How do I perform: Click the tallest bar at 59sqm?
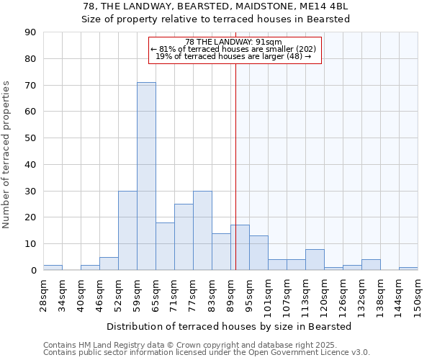(x=146, y=176)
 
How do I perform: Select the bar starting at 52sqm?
(x=127, y=230)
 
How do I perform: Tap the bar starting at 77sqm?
(x=202, y=230)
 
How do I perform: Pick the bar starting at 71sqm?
(x=184, y=237)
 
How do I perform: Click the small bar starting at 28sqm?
(x=53, y=267)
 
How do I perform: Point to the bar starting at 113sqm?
(x=315, y=260)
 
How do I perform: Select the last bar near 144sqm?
(x=408, y=269)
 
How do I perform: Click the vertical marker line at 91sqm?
(x=235, y=166)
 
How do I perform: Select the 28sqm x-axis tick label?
(x=44, y=293)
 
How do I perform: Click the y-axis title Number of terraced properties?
(x=7, y=155)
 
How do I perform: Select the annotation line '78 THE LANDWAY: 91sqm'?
(x=233, y=42)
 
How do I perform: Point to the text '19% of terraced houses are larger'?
(x=233, y=56)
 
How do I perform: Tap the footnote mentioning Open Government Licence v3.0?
(x=207, y=353)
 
